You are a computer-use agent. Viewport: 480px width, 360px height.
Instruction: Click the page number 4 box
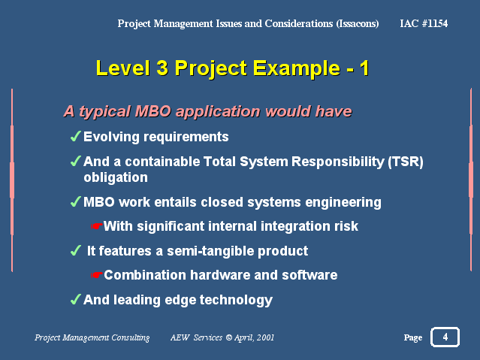[x=445, y=337]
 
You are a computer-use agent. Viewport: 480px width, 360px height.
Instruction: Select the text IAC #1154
[x=424, y=23]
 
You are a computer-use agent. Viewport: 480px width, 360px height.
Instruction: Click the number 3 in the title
[x=162, y=68]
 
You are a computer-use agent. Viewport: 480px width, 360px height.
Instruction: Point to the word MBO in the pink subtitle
[x=152, y=111]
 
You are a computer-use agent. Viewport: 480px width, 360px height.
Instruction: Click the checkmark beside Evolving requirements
[x=75, y=136]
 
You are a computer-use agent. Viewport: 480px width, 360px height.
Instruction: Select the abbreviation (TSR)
[x=406, y=162]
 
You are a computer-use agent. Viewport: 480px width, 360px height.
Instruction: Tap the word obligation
[x=116, y=177]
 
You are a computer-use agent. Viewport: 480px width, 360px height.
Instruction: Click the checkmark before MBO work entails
[x=75, y=201]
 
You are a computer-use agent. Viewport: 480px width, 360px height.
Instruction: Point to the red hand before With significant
[x=96, y=226]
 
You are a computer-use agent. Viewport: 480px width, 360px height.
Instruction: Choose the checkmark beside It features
[x=75, y=250]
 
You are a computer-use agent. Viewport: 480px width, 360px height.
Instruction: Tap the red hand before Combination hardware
[x=96, y=275]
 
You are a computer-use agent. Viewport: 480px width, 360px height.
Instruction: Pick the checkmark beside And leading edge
[x=75, y=299]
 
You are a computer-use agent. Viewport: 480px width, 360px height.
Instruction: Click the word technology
[x=236, y=301]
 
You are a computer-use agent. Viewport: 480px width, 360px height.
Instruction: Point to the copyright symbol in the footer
[x=228, y=337]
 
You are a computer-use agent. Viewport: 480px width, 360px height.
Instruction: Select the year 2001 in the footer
[x=265, y=337]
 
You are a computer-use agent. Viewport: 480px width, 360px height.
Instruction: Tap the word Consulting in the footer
[x=131, y=338]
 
